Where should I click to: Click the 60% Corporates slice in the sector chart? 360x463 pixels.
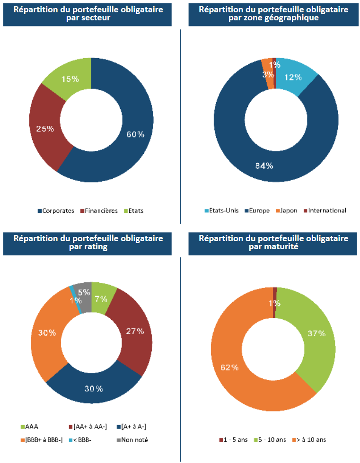[x=135, y=134]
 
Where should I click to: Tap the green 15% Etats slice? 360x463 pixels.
[x=70, y=79]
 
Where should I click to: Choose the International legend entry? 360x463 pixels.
[x=327, y=210]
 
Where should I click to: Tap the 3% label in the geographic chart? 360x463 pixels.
[x=268, y=74]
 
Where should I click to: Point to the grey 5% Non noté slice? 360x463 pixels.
[x=84, y=293]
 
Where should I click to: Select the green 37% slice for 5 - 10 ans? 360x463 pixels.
[x=316, y=334]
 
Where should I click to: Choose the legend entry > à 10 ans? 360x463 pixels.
[x=310, y=440]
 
